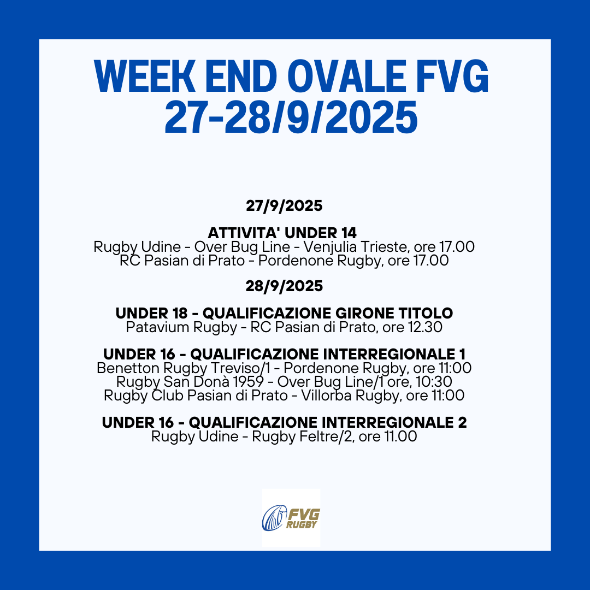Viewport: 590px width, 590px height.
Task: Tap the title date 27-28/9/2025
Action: click(291, 118)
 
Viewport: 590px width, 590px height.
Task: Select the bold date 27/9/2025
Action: click(284, 206)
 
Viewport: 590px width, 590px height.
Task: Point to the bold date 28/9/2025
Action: click(284, 286)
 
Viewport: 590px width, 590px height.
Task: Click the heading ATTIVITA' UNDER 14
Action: click(282, 232)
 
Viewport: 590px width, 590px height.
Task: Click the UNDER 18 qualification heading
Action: click(284, 314)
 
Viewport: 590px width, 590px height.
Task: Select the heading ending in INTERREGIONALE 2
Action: click(284, 422)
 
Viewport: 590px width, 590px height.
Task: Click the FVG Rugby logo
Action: click(291, 517)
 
